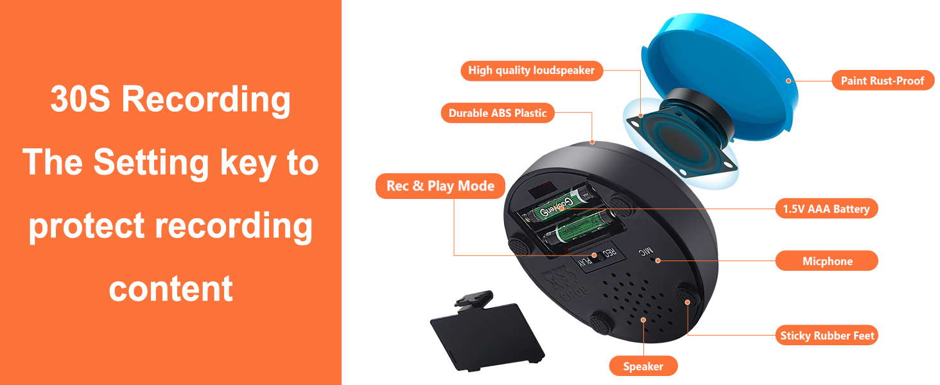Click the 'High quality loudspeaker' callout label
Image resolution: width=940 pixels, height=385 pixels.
532,71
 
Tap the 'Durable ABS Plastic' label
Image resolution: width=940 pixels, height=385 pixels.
498,113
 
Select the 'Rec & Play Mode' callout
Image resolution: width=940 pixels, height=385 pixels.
440,186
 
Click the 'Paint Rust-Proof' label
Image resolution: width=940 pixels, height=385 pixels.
882,80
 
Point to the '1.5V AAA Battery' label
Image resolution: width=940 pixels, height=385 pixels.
826,209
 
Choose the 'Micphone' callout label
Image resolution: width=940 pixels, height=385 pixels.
827,261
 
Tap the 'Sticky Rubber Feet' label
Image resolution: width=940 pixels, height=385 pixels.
827,335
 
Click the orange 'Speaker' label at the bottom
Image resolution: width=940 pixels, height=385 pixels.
643,366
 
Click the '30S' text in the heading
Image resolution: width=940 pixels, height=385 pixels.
80,99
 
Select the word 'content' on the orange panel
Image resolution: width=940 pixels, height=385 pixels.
170,289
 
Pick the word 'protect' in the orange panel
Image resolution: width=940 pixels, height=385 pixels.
87,227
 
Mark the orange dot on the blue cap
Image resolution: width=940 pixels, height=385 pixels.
788,80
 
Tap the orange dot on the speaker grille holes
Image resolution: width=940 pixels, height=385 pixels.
643,320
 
